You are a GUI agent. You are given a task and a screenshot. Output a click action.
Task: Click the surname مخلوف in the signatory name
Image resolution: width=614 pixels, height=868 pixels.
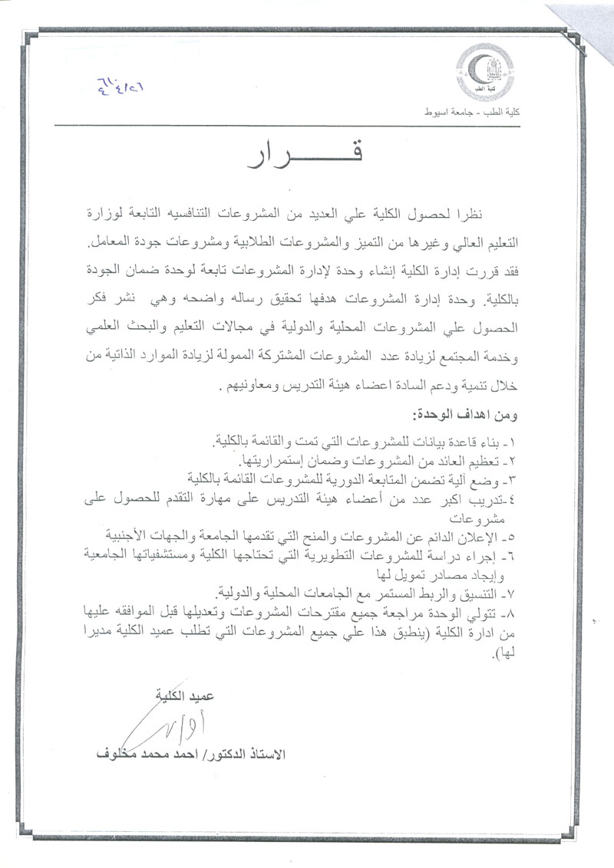coord(115,754)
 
